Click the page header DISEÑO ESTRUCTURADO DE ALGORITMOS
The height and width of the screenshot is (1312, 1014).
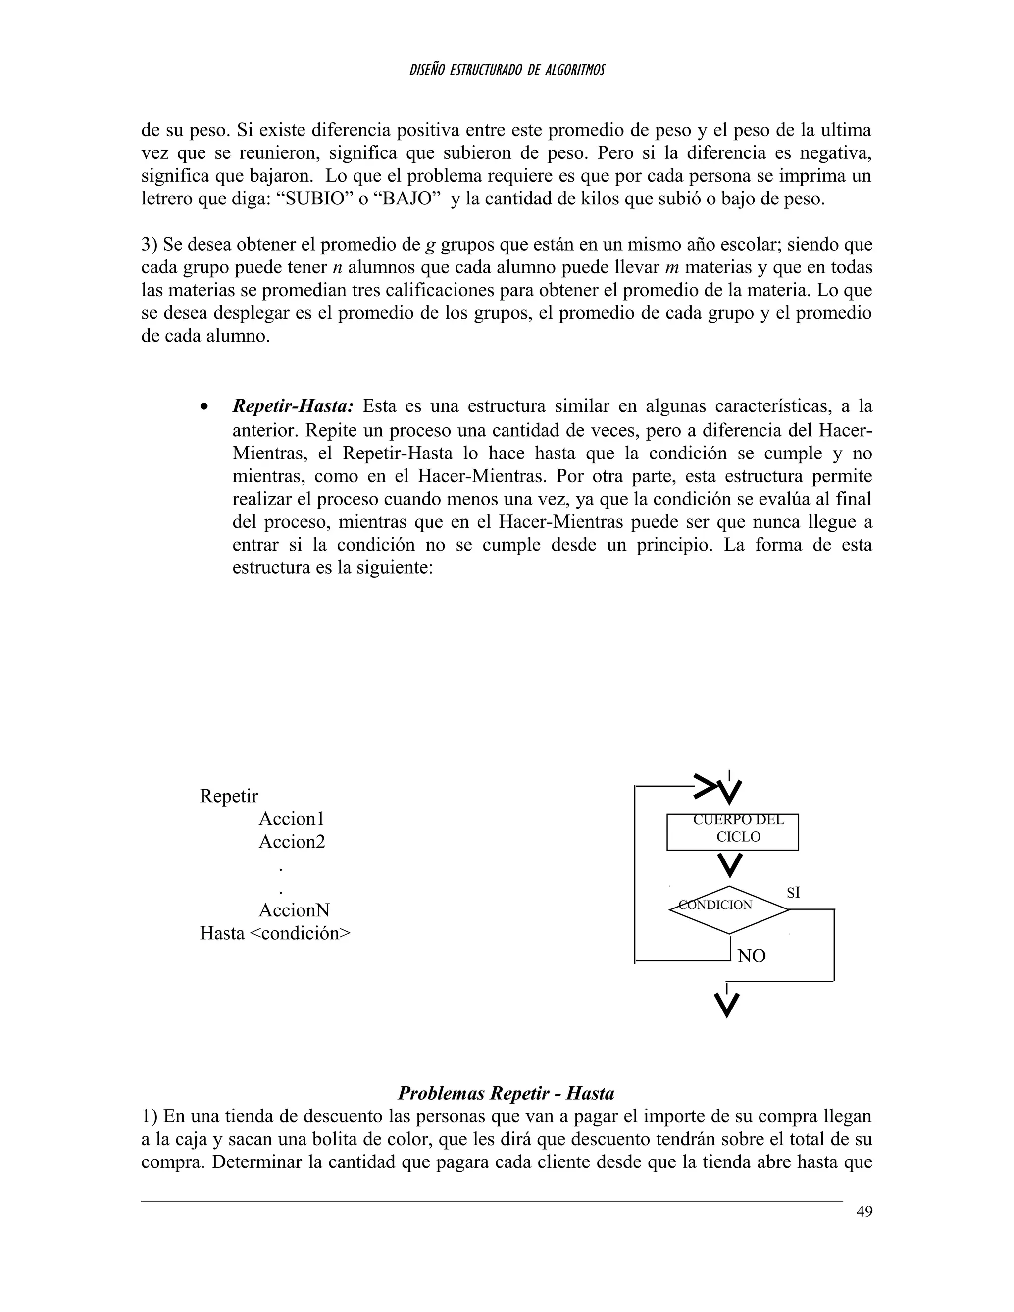click(x=507, y=70)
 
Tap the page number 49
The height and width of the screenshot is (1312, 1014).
click(x=864, y=1211)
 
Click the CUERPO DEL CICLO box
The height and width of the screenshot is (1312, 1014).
click(x=732, y=832)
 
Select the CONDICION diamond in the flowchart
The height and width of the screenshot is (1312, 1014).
click(x=729, y=910)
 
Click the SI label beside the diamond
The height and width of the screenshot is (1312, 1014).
click(x=793, y=893)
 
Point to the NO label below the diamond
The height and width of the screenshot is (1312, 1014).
click(x=751, y=956)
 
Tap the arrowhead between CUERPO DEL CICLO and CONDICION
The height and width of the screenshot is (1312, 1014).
click(x=730, y=865)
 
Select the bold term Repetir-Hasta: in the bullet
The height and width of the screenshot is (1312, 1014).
click(x=293, y=406)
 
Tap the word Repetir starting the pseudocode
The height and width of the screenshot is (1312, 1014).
click(x=229, y=796)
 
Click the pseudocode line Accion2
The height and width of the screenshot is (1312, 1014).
click(x=292, y=842)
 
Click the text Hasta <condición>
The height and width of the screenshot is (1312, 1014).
click(x=275, y=933)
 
